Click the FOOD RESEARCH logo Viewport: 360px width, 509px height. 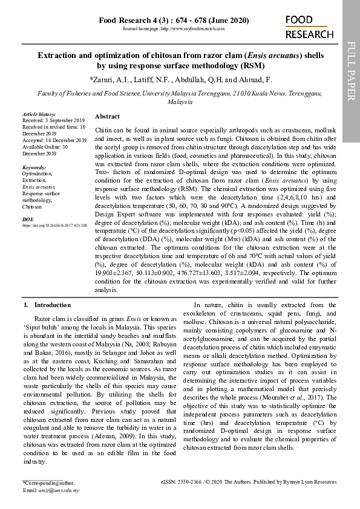tap(309, 27)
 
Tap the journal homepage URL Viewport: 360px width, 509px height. tap(174, 29)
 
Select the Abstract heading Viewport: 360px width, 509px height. tap(107, 116)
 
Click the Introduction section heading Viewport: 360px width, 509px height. tap(53, 305)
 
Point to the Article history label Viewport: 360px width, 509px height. tap(39, 114)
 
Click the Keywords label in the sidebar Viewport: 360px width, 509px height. tap(34, 167)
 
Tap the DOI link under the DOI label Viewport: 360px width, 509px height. tap(54, 225)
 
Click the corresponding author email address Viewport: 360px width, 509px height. tap(58, 490)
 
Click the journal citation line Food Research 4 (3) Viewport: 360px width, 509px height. tap(173, 21)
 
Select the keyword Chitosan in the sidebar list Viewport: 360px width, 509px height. tap(32, 207)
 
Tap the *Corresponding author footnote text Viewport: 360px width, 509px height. tap(49, 483)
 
